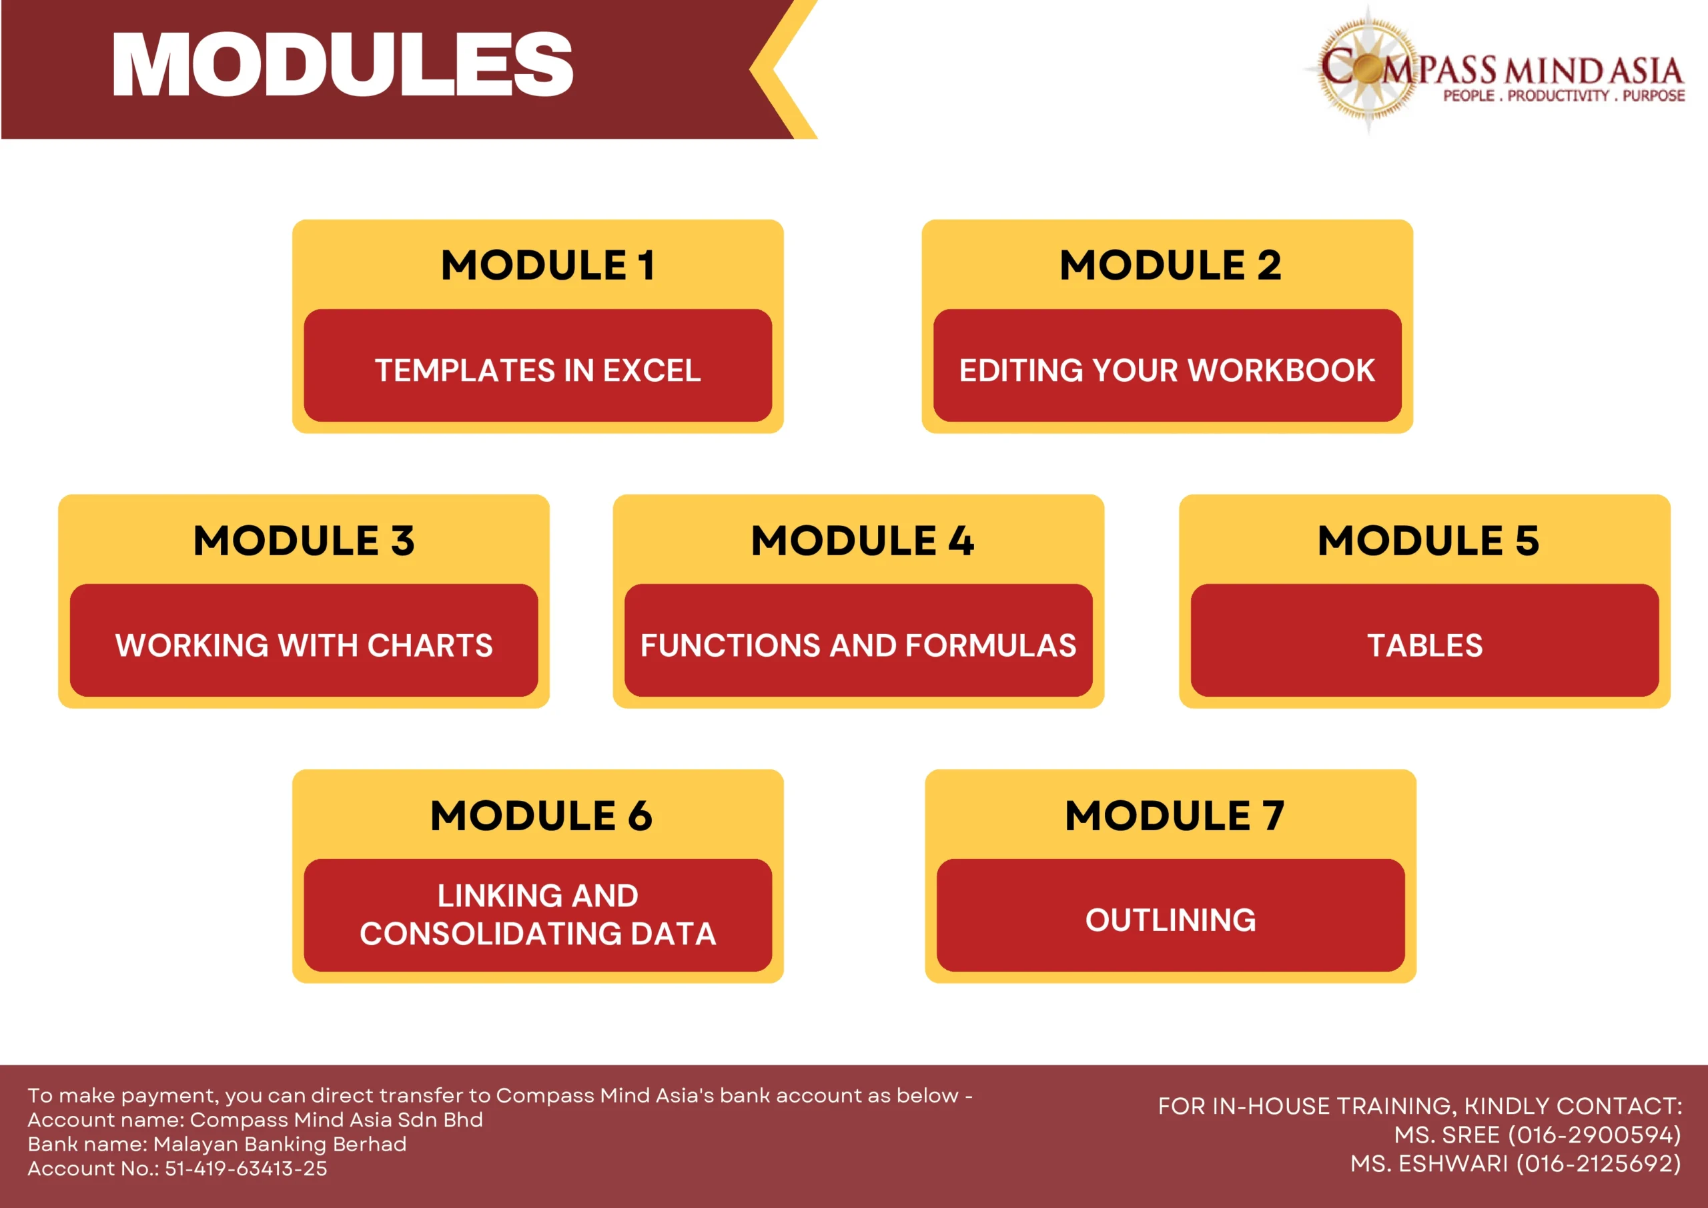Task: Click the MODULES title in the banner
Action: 343,65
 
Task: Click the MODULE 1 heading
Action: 548,265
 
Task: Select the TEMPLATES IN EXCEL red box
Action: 538,366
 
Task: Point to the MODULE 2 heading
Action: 1170,265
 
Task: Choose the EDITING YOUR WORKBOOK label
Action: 1167,370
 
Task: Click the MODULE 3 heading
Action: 304,541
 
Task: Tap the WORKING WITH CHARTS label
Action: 304,645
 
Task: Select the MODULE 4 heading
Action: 862,541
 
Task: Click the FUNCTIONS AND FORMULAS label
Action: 859,645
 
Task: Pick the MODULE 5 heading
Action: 1428,541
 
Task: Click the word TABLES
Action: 1424,645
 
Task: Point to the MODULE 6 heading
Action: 541,815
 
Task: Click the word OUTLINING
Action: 1170,920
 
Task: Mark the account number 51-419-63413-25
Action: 246,1169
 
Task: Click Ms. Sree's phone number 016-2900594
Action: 1594,1135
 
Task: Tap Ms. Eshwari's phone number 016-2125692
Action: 1599,1164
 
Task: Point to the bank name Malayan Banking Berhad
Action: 280,1144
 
